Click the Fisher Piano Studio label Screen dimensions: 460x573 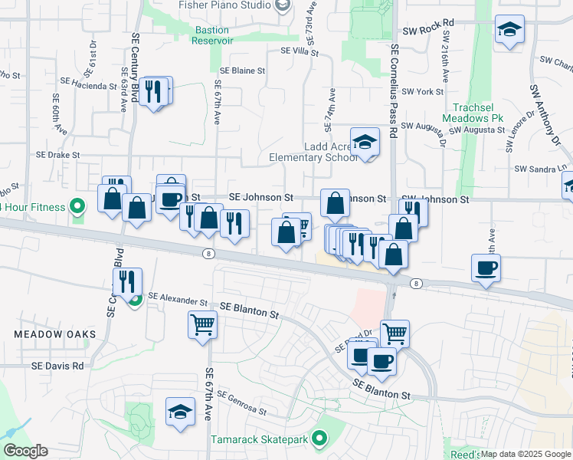pyautogui.click(x=224, y=5)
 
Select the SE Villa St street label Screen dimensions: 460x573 pyautogui.click(x=300, y=51)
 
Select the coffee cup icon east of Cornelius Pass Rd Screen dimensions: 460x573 pyautogui.click(x=486, y=268)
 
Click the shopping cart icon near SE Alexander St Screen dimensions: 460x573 pyautogui.click(x=202, y=324)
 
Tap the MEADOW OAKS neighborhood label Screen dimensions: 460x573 pyautogui.click(x=55, y=334)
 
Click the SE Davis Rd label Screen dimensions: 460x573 pyautogui.click(x=57, y=366)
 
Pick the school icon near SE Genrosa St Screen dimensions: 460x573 pyautogui.click(x=180, y=411)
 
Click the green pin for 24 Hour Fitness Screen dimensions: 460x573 pyautogui.click(x=77, y=206)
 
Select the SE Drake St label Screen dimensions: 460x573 pyautogui.click(x=57, y=155)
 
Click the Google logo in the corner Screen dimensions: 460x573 pyautogui.click(x=26, y=451)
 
